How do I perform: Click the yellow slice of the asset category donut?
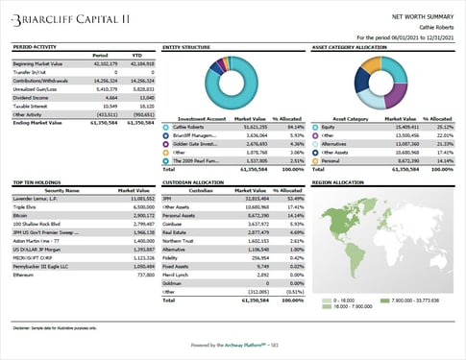(369, 94)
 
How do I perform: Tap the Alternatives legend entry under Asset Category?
(334, 143)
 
